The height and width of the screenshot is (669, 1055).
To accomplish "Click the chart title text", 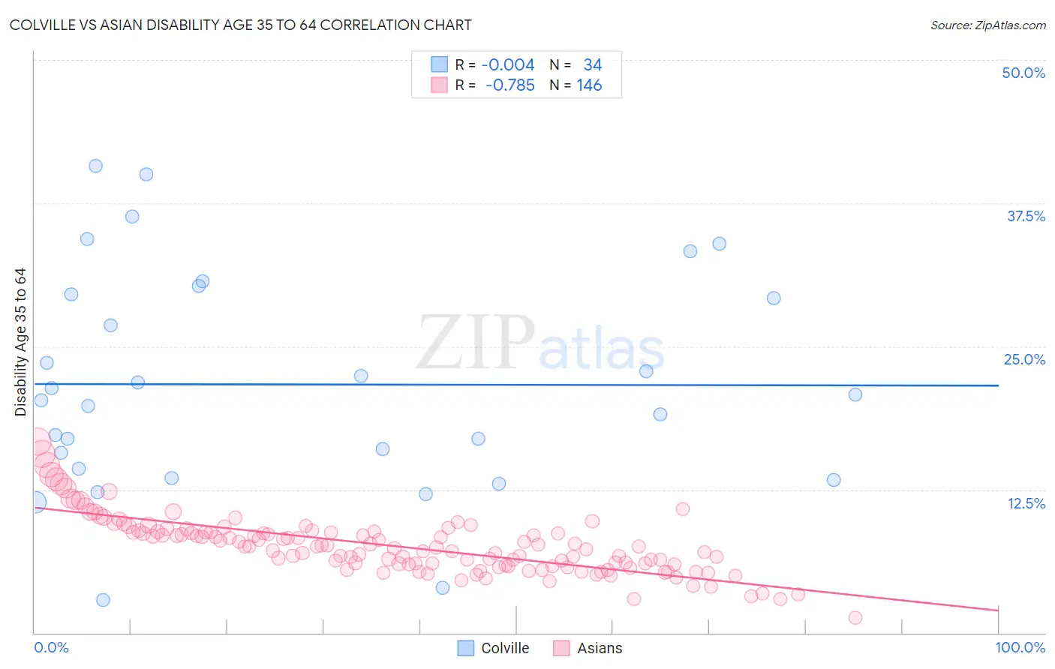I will (x=240, y=25).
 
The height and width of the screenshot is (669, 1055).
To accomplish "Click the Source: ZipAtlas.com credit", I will (x=987, y=25).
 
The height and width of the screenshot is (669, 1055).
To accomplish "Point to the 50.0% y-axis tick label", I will (x=1023, y=73).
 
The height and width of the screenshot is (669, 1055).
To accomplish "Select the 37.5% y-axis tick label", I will (x=1026, y=216).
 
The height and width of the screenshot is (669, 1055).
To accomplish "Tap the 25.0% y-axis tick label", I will (x=1024, y=359).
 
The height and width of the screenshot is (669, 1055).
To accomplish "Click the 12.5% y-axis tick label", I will (x=1026, y=503).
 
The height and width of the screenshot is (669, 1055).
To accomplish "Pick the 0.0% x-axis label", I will (x=51, y=647).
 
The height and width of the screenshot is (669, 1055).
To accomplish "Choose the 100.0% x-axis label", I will (x=1020, y=647).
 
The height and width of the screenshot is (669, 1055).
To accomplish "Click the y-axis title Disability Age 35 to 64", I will (x=20, y=342).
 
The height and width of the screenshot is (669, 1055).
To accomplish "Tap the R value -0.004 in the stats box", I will (x=508, y=65).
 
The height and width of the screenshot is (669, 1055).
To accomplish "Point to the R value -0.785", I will (x=509, y=85).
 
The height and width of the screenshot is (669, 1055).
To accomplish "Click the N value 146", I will (x=589, y=85).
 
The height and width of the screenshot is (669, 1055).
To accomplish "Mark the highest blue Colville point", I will (x=95, y=166).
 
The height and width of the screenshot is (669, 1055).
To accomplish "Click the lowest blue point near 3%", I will (x=103, y=600).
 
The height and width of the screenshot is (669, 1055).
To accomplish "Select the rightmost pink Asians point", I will (x=855, y=618).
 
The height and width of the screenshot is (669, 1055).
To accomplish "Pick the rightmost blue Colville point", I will (x=855, y=394).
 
